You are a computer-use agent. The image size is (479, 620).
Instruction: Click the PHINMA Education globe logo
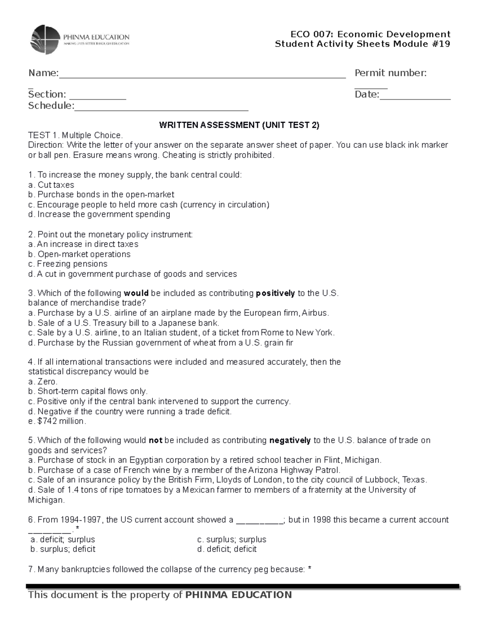pyautogui.click(x=46, y=39)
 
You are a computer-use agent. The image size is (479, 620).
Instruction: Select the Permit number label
pyautogui.click(x=390, y=73)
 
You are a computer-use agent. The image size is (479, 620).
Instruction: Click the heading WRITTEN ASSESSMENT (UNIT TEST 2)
pyautogui.click(x=239, y=125)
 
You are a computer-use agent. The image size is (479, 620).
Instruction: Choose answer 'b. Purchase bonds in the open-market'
pyautogui.click(x=101, y=195)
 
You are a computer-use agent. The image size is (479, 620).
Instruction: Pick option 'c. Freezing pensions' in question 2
pyautogui.click(x=68, y=264)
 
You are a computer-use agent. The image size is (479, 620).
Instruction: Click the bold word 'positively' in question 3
pyautogui.click(x=275, y=293)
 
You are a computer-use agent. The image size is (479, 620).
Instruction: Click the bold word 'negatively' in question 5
pyautogui.click(x=290, y=441)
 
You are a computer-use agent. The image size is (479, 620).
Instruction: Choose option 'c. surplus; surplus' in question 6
pyautogui.click(x=232, y=540)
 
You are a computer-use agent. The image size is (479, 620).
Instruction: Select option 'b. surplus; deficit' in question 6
pyautogui.click(x=63, y=549)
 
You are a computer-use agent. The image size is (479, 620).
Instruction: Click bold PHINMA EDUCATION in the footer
pyautogui.click(x=239, y=595)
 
